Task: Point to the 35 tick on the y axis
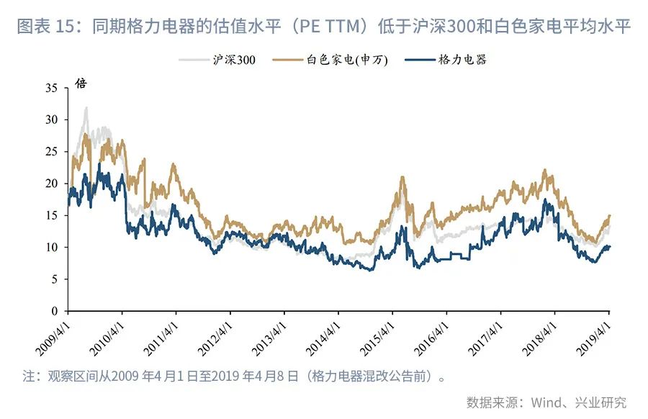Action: pyautogui.click(x=51, y=88)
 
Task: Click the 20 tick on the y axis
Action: pyautogui.click(x=51, y=184)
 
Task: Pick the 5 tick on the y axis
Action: pyautogui.click(x=55, y=279)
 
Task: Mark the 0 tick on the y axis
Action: pyautogui.click(x=55, y=311)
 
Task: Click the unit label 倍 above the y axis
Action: pyautogui.click(x=81, y=84)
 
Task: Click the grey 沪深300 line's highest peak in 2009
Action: pyautogui.click(x=86, y=108)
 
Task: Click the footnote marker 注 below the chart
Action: pyautogui.click(x=28, y=376)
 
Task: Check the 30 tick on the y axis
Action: pyautogui.click(x=51, y=120)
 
